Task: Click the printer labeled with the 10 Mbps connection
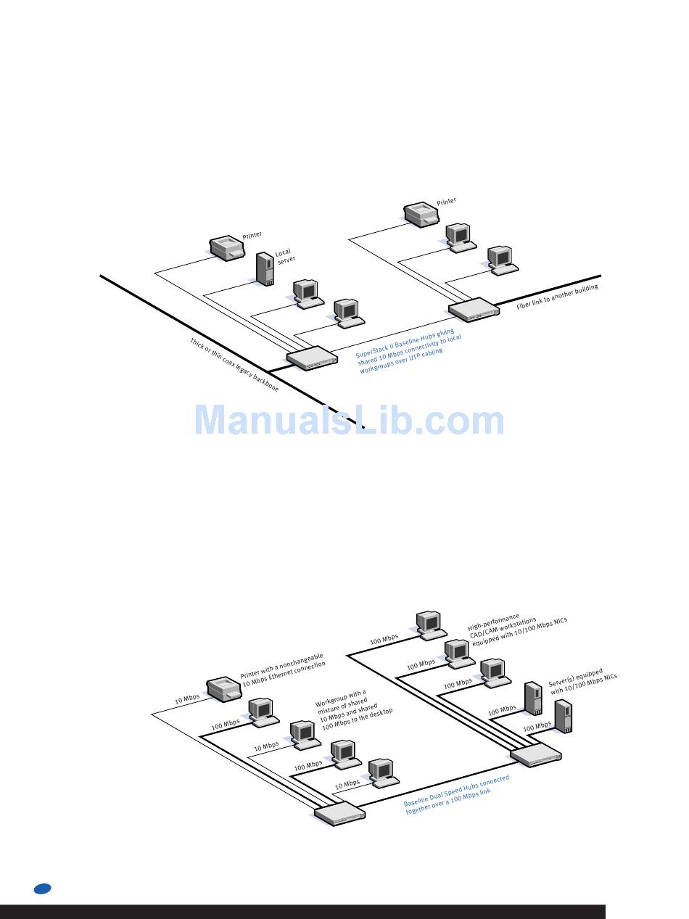[223, 689]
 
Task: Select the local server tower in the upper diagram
[265, 268]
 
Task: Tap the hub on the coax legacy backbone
[312, 358]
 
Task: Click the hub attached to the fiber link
[474, 308]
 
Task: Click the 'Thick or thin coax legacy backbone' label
[234, 366]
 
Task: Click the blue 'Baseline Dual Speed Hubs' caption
[456, 795]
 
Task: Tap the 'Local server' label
[284, 257]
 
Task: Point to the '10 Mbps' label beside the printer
[186, 699]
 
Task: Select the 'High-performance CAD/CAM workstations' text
[517, 629]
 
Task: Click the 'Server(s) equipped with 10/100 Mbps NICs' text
[582, 682]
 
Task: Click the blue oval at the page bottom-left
[41, 889]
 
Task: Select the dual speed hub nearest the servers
[536, 754]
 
